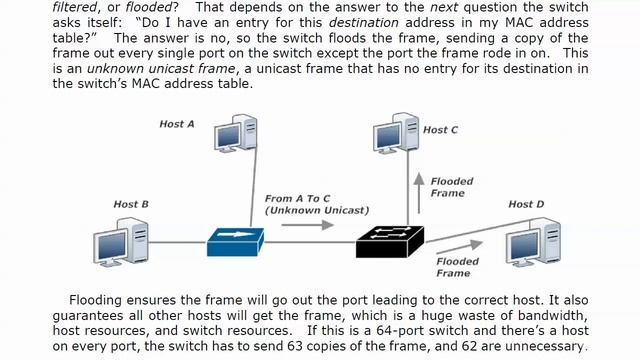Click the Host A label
(177, 124)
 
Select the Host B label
(131, 204)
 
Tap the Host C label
(440, 130)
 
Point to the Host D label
(526, 204)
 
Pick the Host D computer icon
(532, 244)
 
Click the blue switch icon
(236, 241)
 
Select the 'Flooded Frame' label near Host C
(452, 187)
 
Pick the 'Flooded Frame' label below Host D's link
(458, 267)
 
